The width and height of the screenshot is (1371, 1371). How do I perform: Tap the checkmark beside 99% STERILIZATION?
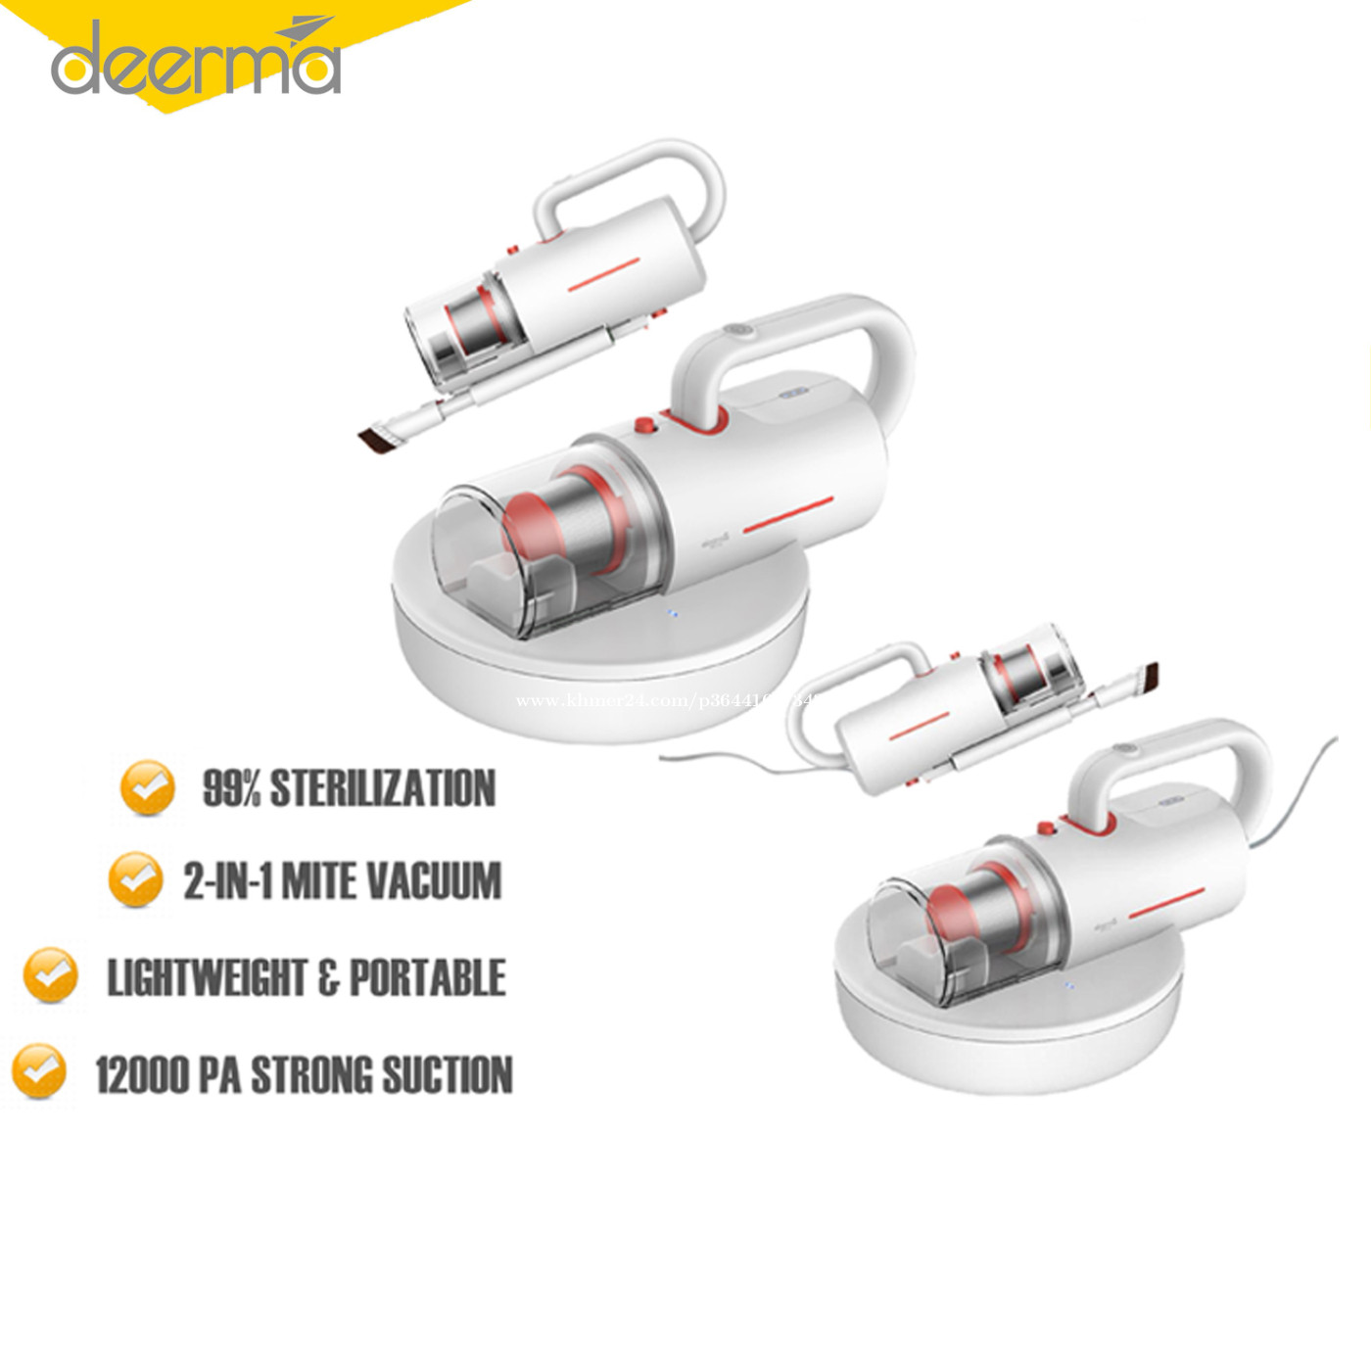pos(147,787)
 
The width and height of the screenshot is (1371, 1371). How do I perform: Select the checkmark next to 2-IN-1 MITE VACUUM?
pos(135,878)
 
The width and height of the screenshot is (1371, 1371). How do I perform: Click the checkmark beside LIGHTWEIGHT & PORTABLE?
pos(50,974)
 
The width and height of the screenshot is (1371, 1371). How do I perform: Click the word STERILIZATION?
pos(382,788)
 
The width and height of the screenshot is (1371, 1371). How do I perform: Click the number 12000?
pos(142,1074)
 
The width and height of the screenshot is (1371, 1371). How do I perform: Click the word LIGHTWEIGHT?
pos(207,977)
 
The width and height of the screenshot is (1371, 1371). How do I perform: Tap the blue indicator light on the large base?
pos(673,616)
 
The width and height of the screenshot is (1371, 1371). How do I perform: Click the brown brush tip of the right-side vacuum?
pos(1148,676)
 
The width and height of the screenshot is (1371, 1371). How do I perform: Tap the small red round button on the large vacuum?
pos(644,425)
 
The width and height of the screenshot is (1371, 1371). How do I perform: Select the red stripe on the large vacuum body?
pos(787,516)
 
